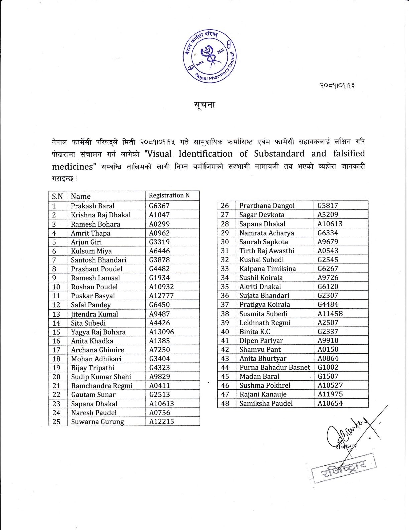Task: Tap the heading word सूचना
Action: coord(204,105)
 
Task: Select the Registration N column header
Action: coord(169,195)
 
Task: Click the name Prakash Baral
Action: coord(93,206)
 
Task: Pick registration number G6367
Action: coord(159,206)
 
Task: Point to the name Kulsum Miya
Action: coord(91,251)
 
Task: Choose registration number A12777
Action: coord(161,296)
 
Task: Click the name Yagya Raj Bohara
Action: coord(98,332)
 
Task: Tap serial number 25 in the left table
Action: coord(56,422)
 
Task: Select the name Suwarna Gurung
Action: coord(97,422)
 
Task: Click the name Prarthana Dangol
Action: coord(267,206)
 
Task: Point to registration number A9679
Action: coord(328,242)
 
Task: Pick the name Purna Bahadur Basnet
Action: coord(275,367)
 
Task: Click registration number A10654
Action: coord(330,403)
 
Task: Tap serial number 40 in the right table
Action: coord(225,332)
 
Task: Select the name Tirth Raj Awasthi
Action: coord(267,251)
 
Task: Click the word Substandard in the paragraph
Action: coord(279,154)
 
